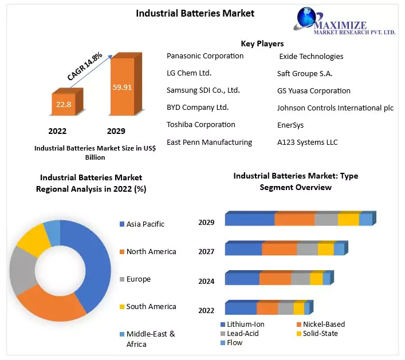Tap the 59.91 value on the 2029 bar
[x=122, y=88]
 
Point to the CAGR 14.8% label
[x=85, y=66]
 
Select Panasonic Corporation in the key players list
[x=205, y=56]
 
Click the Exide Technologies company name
[x=311, y=56]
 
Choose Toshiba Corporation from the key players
[x=200, y=124]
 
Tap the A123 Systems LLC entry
[x=307, y=142]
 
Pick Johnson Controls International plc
[x=335, y=108]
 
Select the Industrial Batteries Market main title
[x=195, y=13]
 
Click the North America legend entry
[x=151, y=251]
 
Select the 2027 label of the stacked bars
[x=206, y=251]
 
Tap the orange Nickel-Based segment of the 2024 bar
[x=275, y=279]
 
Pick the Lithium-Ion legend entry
[x=245, y=325]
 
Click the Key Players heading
[x=262, y=43]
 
